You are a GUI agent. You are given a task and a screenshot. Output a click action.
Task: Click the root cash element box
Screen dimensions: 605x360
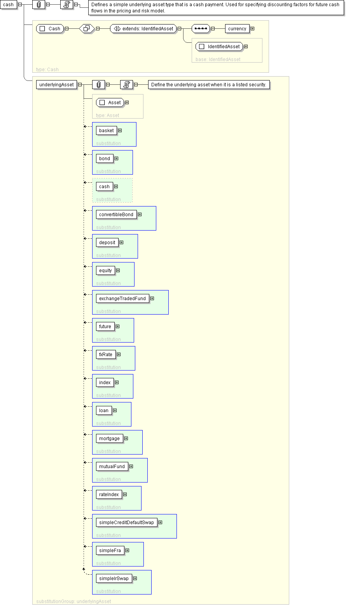pos(8,5)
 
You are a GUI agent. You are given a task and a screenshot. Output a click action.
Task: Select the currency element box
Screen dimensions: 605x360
pos(237,29)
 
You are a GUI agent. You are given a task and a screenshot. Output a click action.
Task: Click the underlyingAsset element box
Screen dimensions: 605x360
pos(56,85)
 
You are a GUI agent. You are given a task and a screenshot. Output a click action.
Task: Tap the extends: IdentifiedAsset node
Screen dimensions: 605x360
pos(143,29)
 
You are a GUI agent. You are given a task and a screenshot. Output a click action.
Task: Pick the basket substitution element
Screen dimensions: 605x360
pos(106,131)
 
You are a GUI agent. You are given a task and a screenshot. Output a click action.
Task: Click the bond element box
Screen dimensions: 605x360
pos(104,159)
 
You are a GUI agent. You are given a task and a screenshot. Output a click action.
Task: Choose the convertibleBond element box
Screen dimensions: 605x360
pos(116,215)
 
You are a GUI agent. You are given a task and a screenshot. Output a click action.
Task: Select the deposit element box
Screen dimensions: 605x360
pos(107,243)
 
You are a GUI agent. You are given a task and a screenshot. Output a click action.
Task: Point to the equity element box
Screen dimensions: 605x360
pos(105,271)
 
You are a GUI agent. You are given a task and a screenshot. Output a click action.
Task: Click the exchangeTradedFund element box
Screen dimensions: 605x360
pos(122,299)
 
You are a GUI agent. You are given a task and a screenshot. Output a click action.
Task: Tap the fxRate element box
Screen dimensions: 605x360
pos(105,355)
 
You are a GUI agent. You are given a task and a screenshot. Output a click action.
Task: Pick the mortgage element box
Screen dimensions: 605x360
pos(109,439)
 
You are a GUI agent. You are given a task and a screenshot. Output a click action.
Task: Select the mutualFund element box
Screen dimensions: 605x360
pos(112,467)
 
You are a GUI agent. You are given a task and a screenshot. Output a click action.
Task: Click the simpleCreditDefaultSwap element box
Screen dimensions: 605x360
pos(126,523)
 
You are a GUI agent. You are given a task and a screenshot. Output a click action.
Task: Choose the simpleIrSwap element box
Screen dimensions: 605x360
pos(114,579)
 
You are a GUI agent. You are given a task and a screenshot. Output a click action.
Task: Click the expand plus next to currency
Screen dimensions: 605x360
pos(253,29)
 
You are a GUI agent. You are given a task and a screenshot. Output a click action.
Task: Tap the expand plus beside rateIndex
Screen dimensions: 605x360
pos(125,495)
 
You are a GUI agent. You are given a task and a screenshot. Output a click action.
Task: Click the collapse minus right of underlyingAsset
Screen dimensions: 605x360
pos(80,85)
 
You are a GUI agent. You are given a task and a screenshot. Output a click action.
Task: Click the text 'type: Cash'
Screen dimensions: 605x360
pos(47,70)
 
